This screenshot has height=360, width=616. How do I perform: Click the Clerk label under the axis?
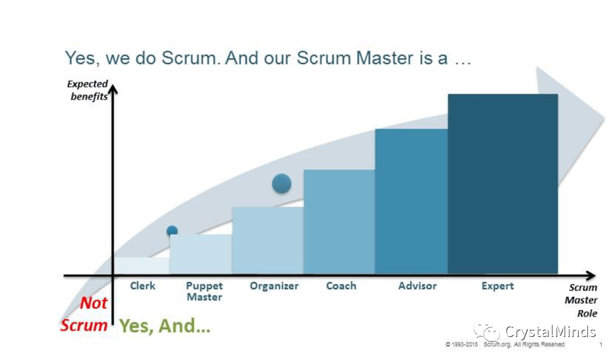[x=143, y=286]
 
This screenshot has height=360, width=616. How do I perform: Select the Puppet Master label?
[x=204, y=291]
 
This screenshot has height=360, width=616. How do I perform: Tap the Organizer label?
[x=274, y=286]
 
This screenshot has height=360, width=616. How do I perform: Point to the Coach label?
[x=341, y=286]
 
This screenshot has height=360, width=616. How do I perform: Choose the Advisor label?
[x=417, y=286]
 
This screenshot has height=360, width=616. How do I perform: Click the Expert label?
[x=498, y=286]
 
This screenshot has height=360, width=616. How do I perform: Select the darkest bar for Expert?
[x=503, y=184]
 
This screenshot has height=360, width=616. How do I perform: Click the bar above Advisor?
[x=411, y=201]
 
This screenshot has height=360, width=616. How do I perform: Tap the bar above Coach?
[x=339, y=222]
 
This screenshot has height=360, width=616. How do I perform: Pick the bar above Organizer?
[x=267, y=240]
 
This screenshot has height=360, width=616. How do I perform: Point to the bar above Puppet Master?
[x=201, y=254]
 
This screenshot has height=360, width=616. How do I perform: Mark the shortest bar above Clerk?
[x=142, y=266]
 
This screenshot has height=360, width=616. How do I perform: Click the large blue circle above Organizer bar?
[x=282, y=184]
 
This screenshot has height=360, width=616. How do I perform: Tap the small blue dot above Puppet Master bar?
[x=172, y=230]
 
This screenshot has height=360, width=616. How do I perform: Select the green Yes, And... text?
[x=165, y=326]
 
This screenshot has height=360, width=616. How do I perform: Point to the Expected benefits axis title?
[x=88, y=90]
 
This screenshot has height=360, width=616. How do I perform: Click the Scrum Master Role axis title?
[x=583, y=300]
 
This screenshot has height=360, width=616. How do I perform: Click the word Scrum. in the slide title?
[x=189, y=58]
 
